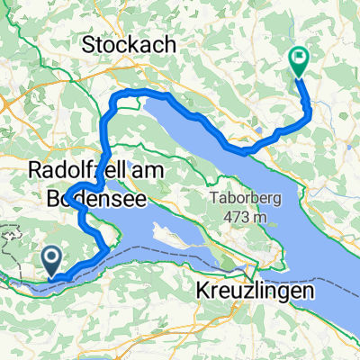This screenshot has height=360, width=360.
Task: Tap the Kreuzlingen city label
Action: (x=255, y=292)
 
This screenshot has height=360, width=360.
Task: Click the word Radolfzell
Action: (x=72, y=168)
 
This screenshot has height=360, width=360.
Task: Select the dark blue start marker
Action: (x=52, y=260)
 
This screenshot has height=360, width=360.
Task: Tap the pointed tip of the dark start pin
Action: (x=52, y=275)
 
